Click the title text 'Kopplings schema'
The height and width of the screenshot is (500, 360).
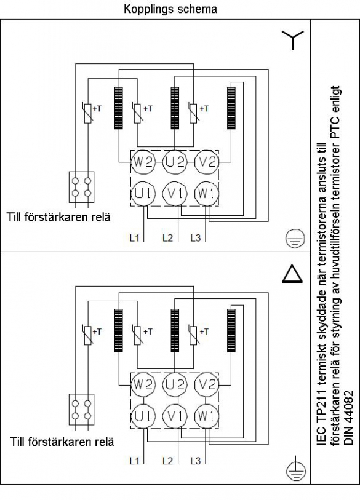coord(170,9)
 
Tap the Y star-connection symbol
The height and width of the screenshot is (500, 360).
coord(293,41)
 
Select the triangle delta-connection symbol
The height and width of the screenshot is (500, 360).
coord(292,274)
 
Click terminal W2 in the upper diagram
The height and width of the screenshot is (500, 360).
coord(143,162)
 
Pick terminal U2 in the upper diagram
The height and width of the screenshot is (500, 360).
coord(175,162)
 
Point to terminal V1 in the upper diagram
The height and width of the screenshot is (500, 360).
coord(175,193)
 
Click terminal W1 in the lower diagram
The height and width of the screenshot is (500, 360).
coord(206,416)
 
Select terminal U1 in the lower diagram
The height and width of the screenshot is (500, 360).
coord(143,416)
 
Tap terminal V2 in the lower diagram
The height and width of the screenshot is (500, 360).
coord(207,384)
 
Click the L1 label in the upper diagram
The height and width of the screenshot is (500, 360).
coord(134,238)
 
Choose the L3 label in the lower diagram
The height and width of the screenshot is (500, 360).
coord(195,461)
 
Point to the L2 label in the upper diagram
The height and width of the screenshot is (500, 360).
coord(167,238)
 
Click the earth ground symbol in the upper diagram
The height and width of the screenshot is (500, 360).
coord(295,237)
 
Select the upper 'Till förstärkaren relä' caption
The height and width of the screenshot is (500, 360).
coord(58,217)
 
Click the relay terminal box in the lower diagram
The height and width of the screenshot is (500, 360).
coord(81,410)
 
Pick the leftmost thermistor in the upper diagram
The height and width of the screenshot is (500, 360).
coord(88,113)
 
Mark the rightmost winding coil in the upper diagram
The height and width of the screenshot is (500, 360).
coord(231,108)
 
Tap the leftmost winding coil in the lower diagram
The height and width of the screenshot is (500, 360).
coord(118,330)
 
